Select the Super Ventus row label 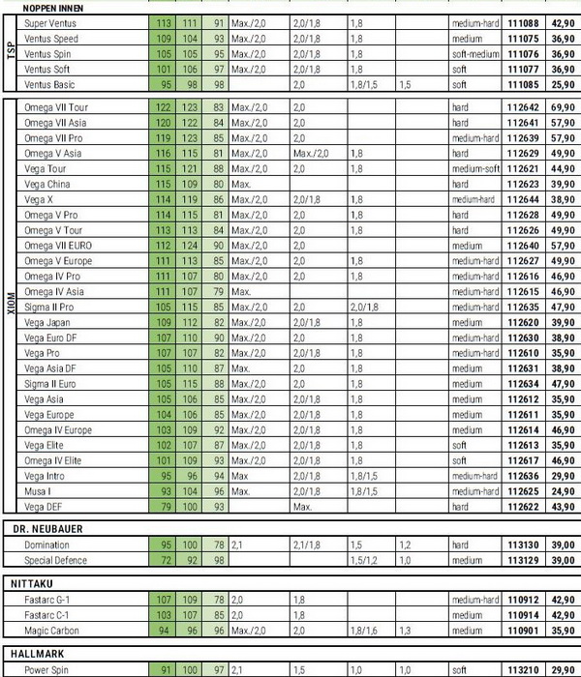49,22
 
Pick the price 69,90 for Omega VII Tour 559,107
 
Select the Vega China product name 47,184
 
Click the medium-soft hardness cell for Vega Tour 475,168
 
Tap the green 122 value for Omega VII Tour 163,107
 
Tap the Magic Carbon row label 51,631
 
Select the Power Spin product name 48,669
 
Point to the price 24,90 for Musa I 559,491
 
